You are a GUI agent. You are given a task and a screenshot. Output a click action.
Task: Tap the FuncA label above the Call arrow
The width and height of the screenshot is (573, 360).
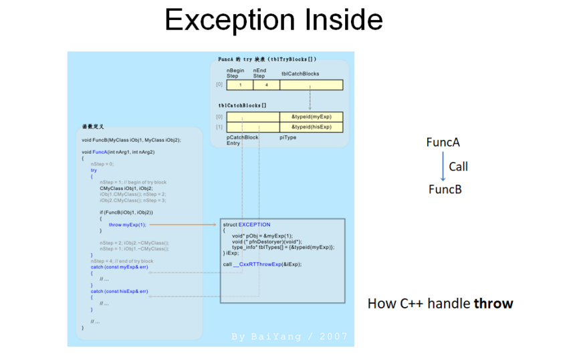(x=443, y=142)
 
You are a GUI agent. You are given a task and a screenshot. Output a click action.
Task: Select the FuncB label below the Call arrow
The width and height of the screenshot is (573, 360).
(x=445, y=189)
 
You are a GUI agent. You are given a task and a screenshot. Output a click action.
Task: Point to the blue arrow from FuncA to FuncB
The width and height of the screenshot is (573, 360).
(x=443, y=166)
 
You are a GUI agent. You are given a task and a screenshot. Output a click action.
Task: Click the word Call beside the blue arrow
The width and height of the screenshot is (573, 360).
(x=458, y=167)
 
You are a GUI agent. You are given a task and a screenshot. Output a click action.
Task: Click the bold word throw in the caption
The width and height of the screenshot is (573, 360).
(x=493, y=304)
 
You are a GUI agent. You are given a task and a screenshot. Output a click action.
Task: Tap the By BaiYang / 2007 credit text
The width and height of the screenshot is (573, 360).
(x=290, y=337)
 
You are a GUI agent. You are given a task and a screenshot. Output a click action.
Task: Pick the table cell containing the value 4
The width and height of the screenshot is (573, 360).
(x=266, y=85)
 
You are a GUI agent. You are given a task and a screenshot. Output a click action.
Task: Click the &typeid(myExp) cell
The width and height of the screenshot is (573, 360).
(x=311, y=117)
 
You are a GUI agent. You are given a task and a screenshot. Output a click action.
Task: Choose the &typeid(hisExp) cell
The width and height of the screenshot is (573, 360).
(x=311, y=127)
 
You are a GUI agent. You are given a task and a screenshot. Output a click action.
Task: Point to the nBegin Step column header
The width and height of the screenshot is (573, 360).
(x=235, y=73)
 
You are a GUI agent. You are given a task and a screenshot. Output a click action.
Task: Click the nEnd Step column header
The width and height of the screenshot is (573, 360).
(x=259, y=73)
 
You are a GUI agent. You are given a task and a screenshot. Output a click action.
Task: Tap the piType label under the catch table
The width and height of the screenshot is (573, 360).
(x=288, y=137)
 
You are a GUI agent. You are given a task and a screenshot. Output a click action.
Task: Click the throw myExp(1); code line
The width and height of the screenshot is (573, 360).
(x=127, y=225)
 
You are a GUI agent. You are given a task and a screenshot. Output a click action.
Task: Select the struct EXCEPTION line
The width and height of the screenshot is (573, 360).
(x=247, y=225)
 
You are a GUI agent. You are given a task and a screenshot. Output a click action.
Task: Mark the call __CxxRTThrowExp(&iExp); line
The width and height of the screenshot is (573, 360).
(x=262, y=264)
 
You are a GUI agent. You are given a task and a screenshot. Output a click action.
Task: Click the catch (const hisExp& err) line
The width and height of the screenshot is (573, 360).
(x=120, y=292)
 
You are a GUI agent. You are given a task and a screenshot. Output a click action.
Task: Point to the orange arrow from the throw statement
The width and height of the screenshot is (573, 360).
(x=183, y=225)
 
